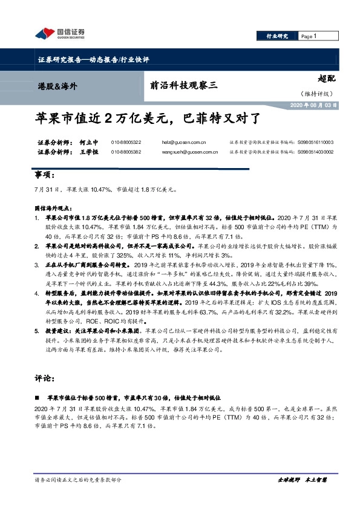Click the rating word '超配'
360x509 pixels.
326,78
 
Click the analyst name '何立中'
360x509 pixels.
89,142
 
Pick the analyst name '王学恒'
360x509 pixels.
89,152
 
